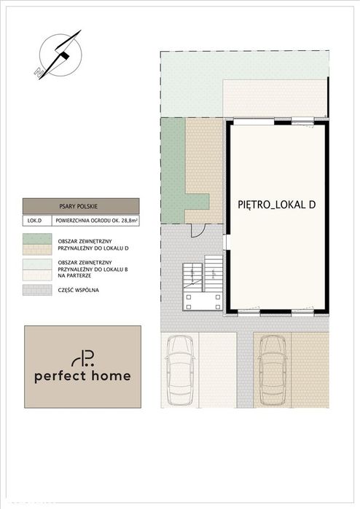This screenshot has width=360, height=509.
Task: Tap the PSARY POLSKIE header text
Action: tap(78, 206)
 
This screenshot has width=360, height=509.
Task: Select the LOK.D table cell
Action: tap(35, 221)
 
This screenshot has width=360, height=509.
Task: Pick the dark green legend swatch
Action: tap(37, 239)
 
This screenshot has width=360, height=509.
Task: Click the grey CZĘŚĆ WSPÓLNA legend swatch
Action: tap(37, 290)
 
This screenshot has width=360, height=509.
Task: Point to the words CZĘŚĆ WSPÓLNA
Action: tap(78, 290)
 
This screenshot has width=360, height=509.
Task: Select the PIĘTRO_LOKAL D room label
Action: tap(277, 205)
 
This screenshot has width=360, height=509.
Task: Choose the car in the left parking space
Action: tap(180, 371)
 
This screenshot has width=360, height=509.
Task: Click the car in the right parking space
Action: tap(273, 371)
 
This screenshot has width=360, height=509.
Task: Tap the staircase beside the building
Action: tap(203, 275)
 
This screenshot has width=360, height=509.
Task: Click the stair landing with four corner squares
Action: tap(203, 301)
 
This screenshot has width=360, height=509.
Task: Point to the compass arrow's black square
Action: tap(66, 55)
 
